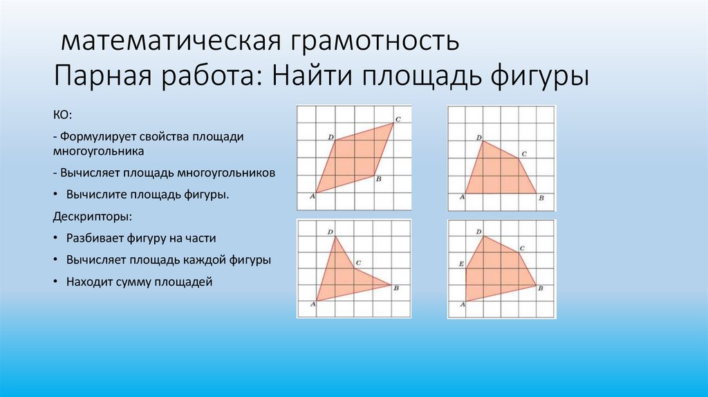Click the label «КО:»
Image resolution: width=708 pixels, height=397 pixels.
tap(62, 113)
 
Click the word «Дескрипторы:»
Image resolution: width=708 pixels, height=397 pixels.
tap(91, 216)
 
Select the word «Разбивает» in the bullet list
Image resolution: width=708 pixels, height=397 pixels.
tap(95, 238)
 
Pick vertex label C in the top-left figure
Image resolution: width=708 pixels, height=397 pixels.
tap(398, 119)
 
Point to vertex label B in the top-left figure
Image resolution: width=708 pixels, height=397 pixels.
tap(378, 180)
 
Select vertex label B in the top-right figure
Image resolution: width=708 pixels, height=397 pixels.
tap(541, 198)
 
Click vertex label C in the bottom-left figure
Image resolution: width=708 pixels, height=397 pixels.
tap(358, 263)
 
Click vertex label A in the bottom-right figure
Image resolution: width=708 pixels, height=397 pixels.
tap(461, 304)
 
